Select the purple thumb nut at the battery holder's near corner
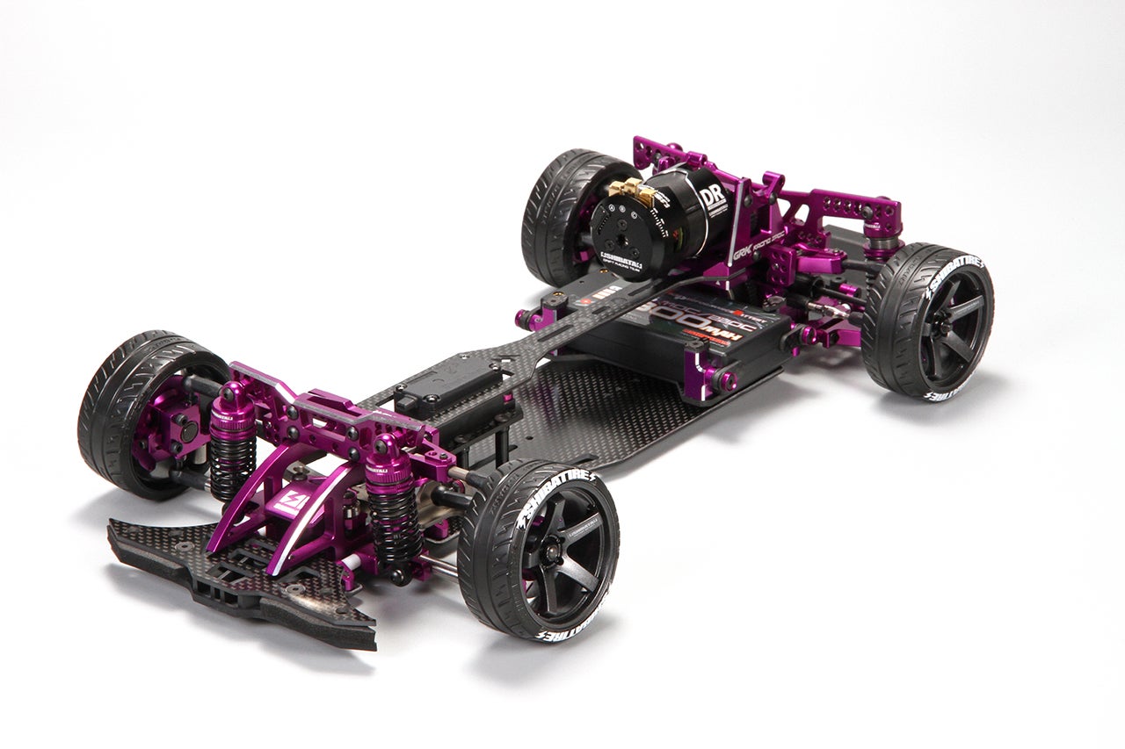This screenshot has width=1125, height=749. pos(725,379)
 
